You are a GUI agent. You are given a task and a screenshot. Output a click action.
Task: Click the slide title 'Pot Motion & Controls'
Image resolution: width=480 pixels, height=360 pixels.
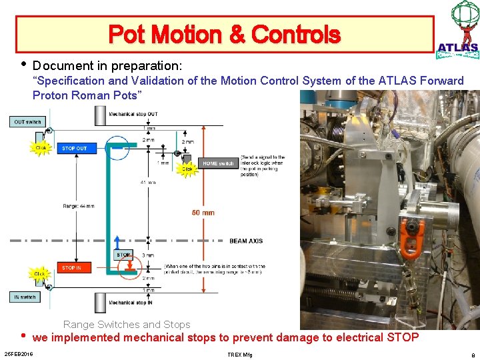224,34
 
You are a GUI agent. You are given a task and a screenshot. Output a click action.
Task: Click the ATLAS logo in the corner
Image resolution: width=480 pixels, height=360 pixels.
459,30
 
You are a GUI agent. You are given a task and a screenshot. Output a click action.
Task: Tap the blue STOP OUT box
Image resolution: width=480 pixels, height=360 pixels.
74,148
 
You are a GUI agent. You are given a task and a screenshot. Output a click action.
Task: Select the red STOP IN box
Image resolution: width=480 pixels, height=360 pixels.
73,267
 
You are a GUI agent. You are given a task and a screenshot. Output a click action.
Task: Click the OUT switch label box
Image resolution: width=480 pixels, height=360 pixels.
28,121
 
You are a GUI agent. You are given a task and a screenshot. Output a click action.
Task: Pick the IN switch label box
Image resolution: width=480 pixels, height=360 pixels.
25,297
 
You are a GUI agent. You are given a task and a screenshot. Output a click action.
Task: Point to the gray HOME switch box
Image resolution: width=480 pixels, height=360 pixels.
218,163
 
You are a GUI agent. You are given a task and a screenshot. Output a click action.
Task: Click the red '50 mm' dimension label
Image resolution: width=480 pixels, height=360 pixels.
203,213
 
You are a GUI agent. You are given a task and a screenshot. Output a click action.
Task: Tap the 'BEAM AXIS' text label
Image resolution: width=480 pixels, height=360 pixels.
246,241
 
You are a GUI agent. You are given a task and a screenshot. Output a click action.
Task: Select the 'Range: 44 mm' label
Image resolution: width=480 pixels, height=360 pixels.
79,206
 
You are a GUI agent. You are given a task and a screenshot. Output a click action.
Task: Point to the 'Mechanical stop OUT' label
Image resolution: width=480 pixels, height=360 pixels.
134,114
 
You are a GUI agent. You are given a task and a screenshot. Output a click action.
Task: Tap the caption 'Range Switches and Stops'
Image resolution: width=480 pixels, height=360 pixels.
127,325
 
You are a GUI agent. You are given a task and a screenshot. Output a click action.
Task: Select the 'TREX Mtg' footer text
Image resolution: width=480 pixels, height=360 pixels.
240,353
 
